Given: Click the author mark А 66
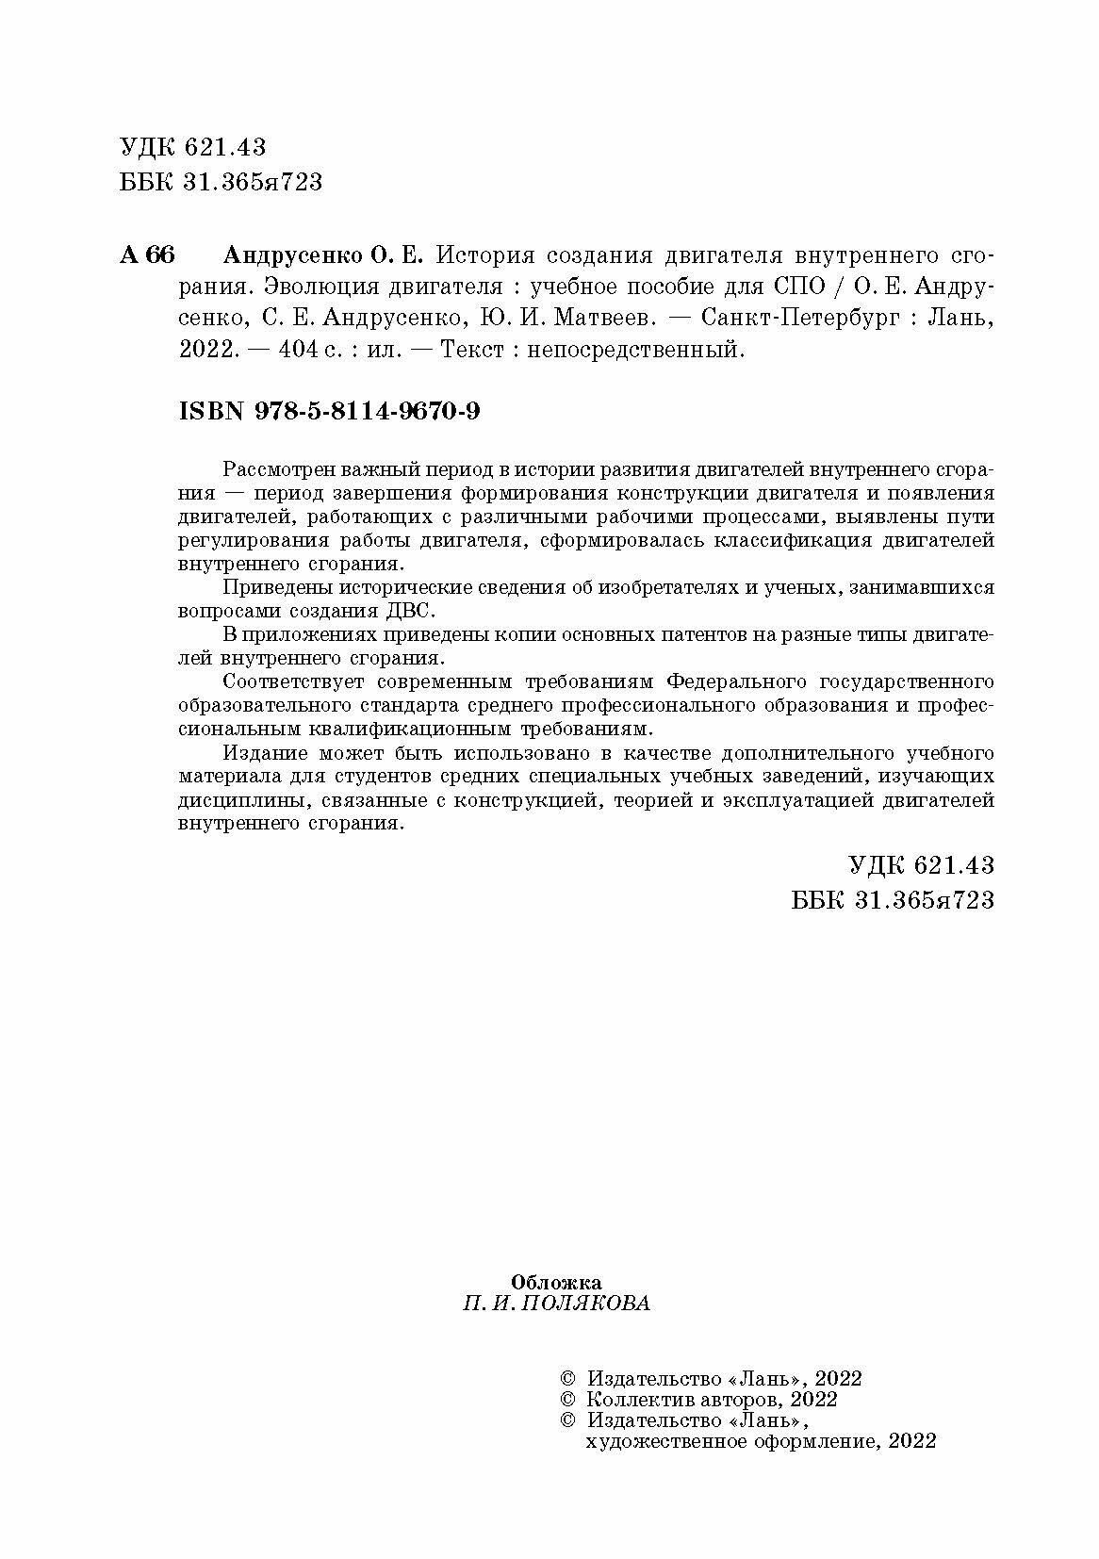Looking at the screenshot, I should click(147, 256).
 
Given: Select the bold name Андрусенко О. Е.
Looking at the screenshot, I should click(324, 256).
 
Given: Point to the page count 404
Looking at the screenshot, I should click(303, 351).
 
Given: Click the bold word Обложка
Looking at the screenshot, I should click(556, 1282).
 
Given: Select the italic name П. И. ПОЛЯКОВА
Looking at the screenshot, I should click(556, 1305).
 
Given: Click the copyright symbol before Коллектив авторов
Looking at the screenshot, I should click(567, 1400).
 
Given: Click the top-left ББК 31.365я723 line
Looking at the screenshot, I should click(221, 181).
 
